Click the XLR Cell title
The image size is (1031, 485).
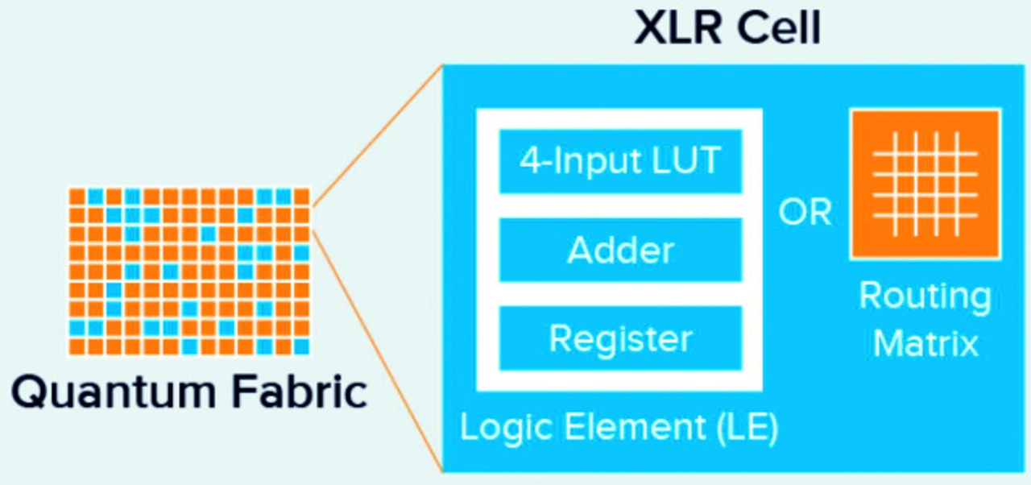point(727,27)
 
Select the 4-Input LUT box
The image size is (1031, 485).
point(620,161)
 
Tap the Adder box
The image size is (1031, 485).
point(620,250)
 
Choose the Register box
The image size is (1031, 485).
point(620,338)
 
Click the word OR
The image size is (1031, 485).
point(805,213)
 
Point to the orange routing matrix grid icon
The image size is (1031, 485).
point(925,184)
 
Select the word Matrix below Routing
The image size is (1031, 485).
point(925,343)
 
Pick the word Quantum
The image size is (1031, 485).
point(114,392)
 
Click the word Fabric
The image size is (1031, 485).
point(299,391)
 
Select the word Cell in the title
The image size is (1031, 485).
point(779,28)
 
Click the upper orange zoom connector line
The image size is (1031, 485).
point(378,135)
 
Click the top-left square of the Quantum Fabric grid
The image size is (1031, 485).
point(77,197)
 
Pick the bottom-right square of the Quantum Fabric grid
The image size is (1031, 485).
point(301,346)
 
